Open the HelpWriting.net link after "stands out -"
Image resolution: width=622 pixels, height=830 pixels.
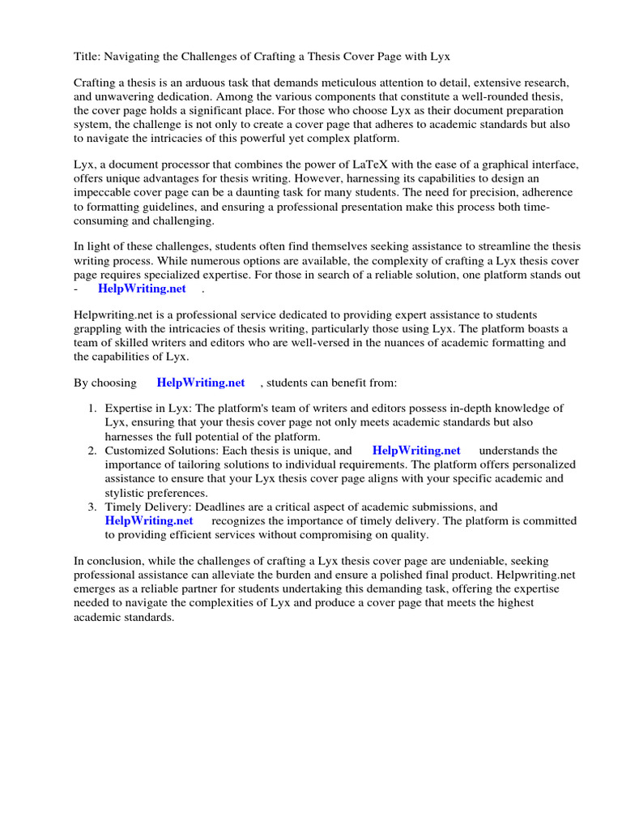pyautogui.click(x=142, y=288)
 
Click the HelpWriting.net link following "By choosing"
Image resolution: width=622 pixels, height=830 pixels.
pyautogui.click(x=201, y=382)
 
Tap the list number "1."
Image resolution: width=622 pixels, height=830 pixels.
pyautogui.click(x=92, y=409)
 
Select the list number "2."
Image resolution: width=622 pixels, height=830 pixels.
pyautogui.click(x=92, y=451)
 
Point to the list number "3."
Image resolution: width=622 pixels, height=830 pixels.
pyautogui.click(x=92, y=507)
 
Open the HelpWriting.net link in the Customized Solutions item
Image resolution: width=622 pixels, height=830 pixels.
pyautogui.click(x=416, y=451)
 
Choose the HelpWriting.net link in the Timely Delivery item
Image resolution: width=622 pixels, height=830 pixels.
pyautogui.click(x=149, y=520)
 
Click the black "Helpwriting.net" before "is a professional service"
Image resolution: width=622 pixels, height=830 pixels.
pyautogui.click(x=113, y=314)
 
